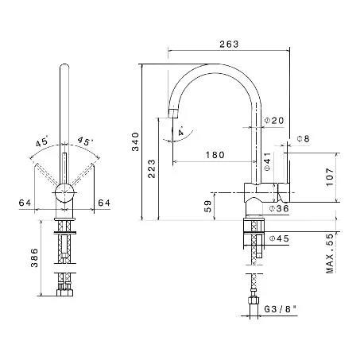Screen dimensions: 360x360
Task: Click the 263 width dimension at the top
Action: tap(229, 44)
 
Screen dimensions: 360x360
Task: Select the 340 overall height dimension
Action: tap(135, 141)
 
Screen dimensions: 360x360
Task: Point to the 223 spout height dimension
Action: tap(152, 168)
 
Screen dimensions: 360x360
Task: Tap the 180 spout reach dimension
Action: tap(215, 155)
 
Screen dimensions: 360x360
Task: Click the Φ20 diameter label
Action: tap(274, 121)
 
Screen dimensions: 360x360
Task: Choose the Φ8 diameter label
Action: tap(303, 138)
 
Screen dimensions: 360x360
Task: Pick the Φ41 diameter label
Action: tap(268, 161)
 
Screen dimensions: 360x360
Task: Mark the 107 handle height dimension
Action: tap(330, 177)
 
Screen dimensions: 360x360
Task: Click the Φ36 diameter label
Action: tap(279, 209)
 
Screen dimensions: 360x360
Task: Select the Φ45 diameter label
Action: tap(279, 238)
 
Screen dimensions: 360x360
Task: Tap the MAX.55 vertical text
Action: tap(330, 254)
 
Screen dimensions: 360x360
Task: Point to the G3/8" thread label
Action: tap(280, 309)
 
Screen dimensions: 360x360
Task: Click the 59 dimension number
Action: tap(208, 207)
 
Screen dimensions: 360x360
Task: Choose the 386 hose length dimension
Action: tap(34, 257)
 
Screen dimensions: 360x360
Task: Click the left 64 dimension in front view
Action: tap(25, 203)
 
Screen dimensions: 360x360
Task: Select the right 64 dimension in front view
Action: tap(104, 203)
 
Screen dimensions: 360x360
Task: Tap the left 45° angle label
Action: tap(42, 141)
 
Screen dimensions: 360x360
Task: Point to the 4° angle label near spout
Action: tap(181, 132)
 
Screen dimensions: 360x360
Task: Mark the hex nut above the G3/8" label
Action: tap(254, 301)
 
